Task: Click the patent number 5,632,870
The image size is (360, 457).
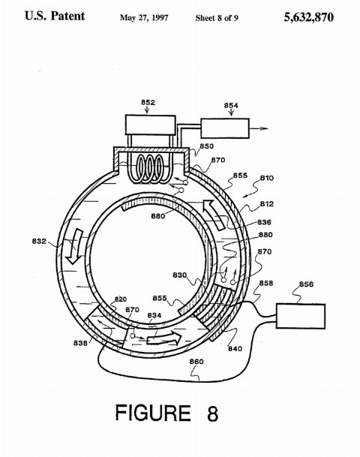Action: tap(308, 17)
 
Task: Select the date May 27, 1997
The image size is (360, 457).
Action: tap(144, 18)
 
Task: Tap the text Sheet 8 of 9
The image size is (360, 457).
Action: tap(217, 18)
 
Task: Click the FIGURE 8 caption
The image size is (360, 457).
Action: tap(166, 413)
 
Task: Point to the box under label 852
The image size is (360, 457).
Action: tap(150, 125)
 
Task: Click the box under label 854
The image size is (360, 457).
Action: tap(225, 128)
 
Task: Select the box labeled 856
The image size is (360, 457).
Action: tap(301, 316)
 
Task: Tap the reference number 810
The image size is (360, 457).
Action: tap(267, 178)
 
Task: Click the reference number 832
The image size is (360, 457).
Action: tap(39, 242)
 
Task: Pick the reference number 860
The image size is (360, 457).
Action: tap(196, 362)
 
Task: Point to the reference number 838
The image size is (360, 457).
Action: tap(80, 343)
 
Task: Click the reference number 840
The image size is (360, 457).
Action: tap(235, 348)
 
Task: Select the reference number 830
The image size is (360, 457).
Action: tap(180, 275)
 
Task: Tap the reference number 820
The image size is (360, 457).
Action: tap(120, 299)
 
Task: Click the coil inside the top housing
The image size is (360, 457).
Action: tap(151, 169)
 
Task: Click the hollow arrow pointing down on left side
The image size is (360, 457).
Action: tap(73, 247)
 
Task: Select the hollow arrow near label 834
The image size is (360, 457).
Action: tap(164, 338)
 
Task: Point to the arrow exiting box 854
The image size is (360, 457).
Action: tap(258, 128)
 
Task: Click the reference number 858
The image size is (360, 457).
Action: tap(266, 283)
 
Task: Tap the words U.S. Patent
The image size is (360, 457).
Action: tap(55, 16)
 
